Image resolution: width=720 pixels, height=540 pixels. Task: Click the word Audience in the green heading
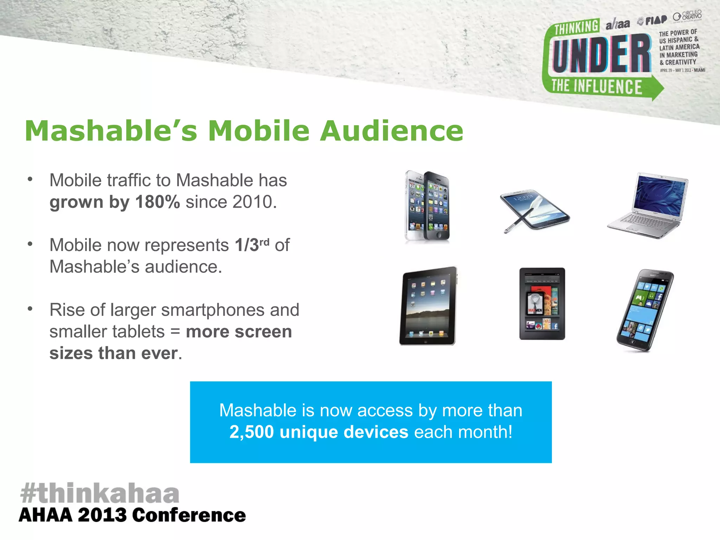tap(392, 131)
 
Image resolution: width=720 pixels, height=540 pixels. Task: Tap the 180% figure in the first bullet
tap(157, 202)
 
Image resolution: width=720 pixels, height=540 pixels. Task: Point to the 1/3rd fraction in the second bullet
tap(252, 245)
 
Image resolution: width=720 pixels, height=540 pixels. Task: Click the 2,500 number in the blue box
tap(251, 432)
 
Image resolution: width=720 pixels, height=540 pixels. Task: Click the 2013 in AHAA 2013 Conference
tap(102, 515)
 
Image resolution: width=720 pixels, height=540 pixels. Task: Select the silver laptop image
tap(648, 205)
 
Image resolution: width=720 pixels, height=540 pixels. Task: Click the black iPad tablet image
tap(428, 306)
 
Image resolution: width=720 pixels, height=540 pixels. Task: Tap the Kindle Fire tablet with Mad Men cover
tap(542, 304)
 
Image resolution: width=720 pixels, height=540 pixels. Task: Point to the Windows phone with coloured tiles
tap(645, 310)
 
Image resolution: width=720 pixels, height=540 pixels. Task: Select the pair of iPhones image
tap(427, 207)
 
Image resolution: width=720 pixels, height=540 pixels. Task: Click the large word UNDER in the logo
tap(602, 54)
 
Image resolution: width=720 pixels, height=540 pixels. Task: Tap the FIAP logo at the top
tap(653, 21)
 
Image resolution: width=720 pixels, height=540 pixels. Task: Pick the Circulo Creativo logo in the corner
tap(688, 16)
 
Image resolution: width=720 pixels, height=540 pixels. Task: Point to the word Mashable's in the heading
tap(111, 131)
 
